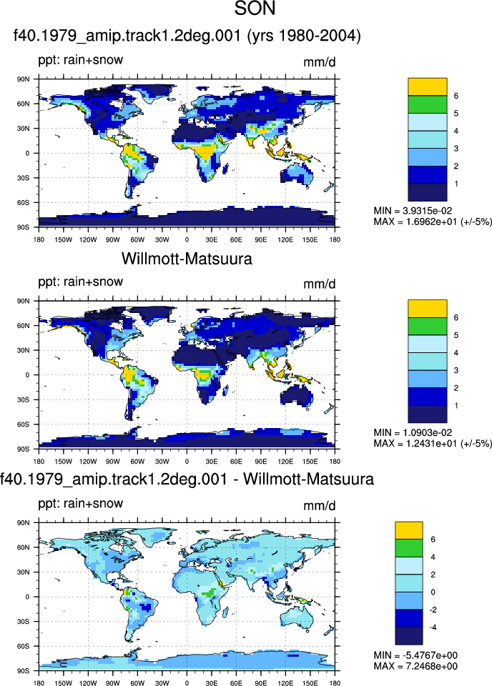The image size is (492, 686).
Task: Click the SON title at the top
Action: [255, 9]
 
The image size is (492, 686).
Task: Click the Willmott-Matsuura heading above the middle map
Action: [187, 259]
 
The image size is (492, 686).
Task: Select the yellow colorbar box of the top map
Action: [427, 86]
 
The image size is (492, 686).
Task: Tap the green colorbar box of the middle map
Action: [427, 327]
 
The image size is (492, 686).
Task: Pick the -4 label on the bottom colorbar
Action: [433, 627]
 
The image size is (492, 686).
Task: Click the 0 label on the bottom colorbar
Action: [433, 592]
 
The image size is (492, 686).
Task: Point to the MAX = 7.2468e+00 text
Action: [415, 666]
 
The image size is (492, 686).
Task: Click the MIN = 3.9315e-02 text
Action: [413, 211]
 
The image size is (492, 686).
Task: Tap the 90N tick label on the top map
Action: [24, 79]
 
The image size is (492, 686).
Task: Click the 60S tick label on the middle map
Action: [24, 424]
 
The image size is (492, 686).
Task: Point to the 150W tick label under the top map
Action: [63, 240]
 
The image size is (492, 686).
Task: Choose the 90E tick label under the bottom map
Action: [261, 683]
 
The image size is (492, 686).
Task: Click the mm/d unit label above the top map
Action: [320, 62]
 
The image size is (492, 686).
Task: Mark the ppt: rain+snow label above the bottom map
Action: [81, 504]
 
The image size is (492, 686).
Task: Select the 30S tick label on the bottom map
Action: [24, 621]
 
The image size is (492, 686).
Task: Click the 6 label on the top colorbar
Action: [456, 96]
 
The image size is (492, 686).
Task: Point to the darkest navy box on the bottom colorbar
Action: [409, 636]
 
